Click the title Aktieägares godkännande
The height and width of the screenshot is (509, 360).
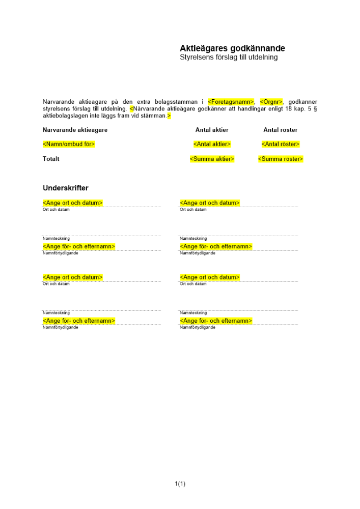click(x=232, y=48)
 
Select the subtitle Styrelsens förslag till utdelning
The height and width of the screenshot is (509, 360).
click(x=229, y=58)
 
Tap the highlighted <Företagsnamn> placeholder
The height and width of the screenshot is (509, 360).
click(x=231, y=102)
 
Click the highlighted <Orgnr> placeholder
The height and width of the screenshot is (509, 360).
click(x=271, y=102)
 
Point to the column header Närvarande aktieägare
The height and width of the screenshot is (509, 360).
click(x=75, y=130)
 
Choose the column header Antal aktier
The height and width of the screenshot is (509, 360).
click(x=212, y=130)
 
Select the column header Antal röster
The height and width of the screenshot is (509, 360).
click(x=280, y=130)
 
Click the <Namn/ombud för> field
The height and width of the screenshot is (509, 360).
click(x=69, y=144)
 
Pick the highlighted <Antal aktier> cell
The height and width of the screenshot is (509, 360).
click(x=212, y=144)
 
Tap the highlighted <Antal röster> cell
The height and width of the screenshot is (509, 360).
click(x=280, y=144)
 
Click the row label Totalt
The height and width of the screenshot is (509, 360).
click(x=51, y=159)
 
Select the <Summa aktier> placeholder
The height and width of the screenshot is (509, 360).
click(x=212, y=159)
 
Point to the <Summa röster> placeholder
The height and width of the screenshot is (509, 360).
click(x=280, y=159)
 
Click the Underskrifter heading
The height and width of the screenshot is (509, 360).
click(x=65, y=188)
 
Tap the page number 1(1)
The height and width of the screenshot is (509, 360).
click(x=180, y=484)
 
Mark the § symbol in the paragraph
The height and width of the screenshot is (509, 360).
click(x=315, y=109)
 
